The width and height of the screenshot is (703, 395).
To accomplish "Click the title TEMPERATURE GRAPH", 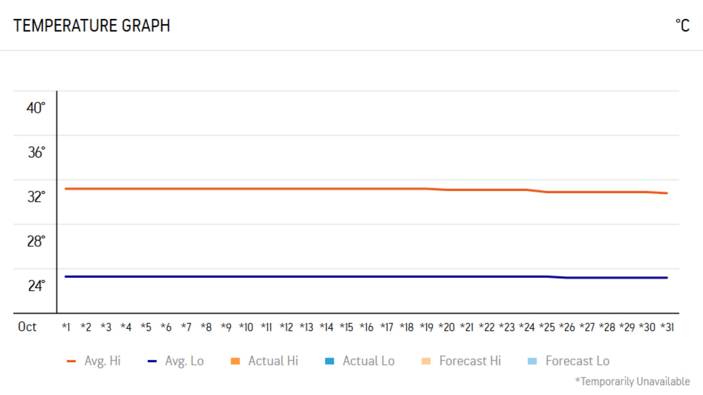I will [92, 26].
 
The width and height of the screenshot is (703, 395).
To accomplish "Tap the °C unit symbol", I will [682, 26].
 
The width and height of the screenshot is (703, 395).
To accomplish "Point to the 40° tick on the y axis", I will [36, 108].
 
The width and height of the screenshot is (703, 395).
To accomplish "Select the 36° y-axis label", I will [36, 153].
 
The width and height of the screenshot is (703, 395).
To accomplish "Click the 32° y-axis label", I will [36, 197].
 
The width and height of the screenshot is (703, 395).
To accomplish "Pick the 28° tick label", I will [36, 241].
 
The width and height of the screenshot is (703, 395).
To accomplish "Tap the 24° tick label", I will [36, 286].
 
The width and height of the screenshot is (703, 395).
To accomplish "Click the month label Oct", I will [27, 327].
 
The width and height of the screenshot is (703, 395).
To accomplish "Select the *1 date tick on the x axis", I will [66, 327].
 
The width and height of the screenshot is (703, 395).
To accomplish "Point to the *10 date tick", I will [246, 327].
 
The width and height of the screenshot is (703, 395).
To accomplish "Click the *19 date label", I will [427, 327].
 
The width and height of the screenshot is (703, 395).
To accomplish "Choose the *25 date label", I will [547, 327].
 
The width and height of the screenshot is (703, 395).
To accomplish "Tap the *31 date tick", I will [667, 327].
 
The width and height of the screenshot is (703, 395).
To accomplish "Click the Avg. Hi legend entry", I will [102, 361].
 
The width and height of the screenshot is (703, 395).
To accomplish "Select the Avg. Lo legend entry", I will [184, 361].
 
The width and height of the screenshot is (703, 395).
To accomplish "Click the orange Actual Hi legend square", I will [235, 361].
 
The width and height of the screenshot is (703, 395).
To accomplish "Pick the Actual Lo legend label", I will [368, 361].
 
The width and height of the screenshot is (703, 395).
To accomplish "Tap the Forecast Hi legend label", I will [470, 361].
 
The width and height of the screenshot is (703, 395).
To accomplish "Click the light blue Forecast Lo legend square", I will [532, 361].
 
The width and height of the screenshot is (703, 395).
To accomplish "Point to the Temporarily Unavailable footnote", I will [632, 381].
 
